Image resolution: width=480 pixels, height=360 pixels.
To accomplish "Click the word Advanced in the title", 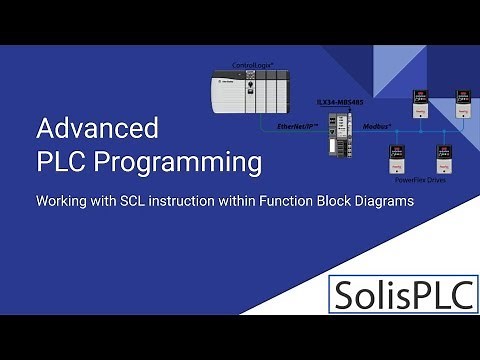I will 96,130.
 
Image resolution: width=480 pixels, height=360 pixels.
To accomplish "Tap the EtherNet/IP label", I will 296,127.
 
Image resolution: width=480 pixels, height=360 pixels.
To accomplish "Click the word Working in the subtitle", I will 61,201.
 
